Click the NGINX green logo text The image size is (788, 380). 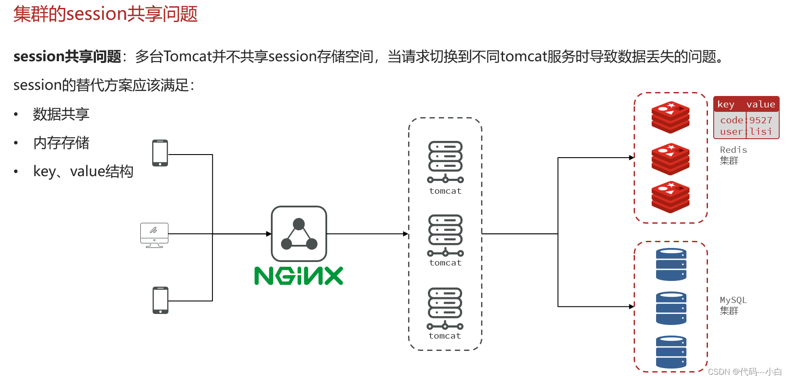pos(299,276)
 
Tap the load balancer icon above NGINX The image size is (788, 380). pos(299,234)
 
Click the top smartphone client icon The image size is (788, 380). pos(160,153)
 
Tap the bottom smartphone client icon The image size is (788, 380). pos(161,300)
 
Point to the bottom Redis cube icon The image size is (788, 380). pos(671,197)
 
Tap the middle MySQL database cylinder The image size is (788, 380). pos(671,308)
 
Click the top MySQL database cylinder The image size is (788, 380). pos(671,265)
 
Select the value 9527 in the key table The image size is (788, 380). pos(761,120)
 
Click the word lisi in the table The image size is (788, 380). pos(761,132)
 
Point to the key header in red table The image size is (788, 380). pos(726,104)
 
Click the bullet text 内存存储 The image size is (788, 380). pos(61,143)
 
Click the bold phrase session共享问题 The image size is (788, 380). pos(67,56)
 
